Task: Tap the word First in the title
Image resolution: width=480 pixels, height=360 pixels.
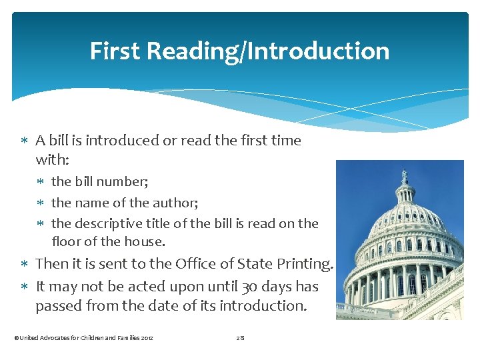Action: (114, 51)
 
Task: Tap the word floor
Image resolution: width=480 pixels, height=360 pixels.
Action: (67, 241)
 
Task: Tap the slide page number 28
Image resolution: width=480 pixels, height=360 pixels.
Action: (241, 338)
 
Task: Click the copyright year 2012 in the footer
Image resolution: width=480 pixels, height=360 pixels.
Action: (146, 338)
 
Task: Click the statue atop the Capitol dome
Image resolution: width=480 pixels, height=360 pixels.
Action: (405, 177)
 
